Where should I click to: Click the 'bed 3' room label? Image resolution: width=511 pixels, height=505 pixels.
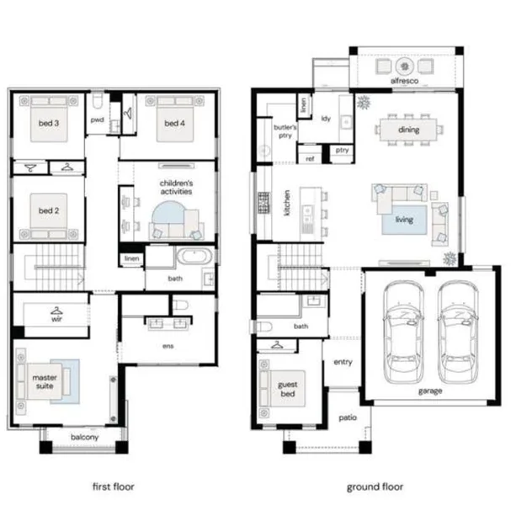(x=49, y=123)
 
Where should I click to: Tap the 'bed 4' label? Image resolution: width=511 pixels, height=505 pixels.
(x=174, y=123)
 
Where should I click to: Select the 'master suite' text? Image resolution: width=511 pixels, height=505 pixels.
(x=45, y=382)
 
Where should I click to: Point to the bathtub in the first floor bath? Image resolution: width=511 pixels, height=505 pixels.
(x=194, y=255)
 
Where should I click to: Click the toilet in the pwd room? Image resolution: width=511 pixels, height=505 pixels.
(x=98, y=101)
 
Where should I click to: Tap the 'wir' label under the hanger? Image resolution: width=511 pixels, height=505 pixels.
(x=56, y=319)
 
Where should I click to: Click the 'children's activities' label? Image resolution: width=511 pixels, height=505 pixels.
(x=176, y=188)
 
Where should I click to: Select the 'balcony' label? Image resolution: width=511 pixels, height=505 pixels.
(x=85, y=437)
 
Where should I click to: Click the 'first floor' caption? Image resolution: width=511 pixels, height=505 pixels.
(x=114, y=486)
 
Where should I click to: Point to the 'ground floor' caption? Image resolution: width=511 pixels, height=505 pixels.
(x=375, y=487)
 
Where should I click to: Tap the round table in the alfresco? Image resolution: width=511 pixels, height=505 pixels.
(x=405, y=66)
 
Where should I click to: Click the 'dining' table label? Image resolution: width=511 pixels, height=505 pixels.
(x=408, y=130)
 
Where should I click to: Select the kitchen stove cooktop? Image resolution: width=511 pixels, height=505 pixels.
(x=263, y=203)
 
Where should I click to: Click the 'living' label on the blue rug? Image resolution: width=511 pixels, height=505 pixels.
(x=404, y=220)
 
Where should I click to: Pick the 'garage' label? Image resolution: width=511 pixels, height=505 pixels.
(x=430, y=391)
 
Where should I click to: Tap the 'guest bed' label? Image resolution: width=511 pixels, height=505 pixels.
(x=288, y=389)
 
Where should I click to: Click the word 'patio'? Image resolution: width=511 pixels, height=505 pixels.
(x=348, y=417)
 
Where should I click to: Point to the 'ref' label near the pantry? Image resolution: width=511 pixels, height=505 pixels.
(x=310, y=159)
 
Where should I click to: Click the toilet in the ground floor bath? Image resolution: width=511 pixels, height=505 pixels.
(x=264, y=326)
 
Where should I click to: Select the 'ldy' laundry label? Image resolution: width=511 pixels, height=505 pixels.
(x=326, y=119)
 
